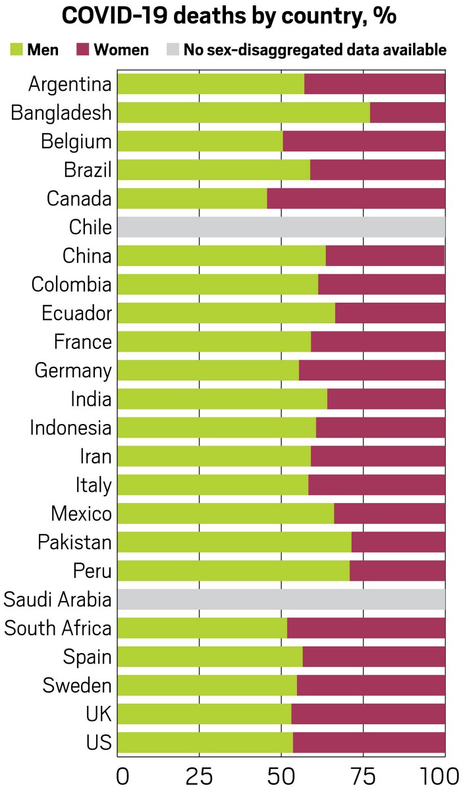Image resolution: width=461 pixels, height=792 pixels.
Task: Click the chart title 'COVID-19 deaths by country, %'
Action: click(x=230, y=16)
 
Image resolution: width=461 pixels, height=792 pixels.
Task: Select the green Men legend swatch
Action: click(x=16, y=49)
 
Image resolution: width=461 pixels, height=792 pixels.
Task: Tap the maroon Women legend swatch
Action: click(x=83, y=49)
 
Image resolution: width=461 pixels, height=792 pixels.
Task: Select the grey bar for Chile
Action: click(x=281, y=227)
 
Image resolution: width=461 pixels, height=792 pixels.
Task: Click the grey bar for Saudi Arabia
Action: click(x=281, y=599)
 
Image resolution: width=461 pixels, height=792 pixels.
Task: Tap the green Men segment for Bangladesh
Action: click(x=244, y=113)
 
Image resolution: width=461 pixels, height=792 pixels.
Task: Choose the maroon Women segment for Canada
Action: click(x=356, y=198)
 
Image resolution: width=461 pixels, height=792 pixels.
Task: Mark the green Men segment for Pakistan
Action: click(x=234, y=542)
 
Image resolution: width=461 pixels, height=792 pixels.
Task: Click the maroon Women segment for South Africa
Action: click(x=366, y=628)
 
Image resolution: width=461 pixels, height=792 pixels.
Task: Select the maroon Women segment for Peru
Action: click(x=397, y=571)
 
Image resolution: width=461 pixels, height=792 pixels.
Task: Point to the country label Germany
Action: click(x=73, y=371)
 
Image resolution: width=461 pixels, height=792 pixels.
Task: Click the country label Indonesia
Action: click(x=70, y=428)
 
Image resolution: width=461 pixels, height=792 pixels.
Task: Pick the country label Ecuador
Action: click(x=76, y=313)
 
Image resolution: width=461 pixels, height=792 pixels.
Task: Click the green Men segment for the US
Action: click(x=205, y=743)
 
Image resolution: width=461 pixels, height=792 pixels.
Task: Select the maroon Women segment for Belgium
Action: click(x=364, y=142)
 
